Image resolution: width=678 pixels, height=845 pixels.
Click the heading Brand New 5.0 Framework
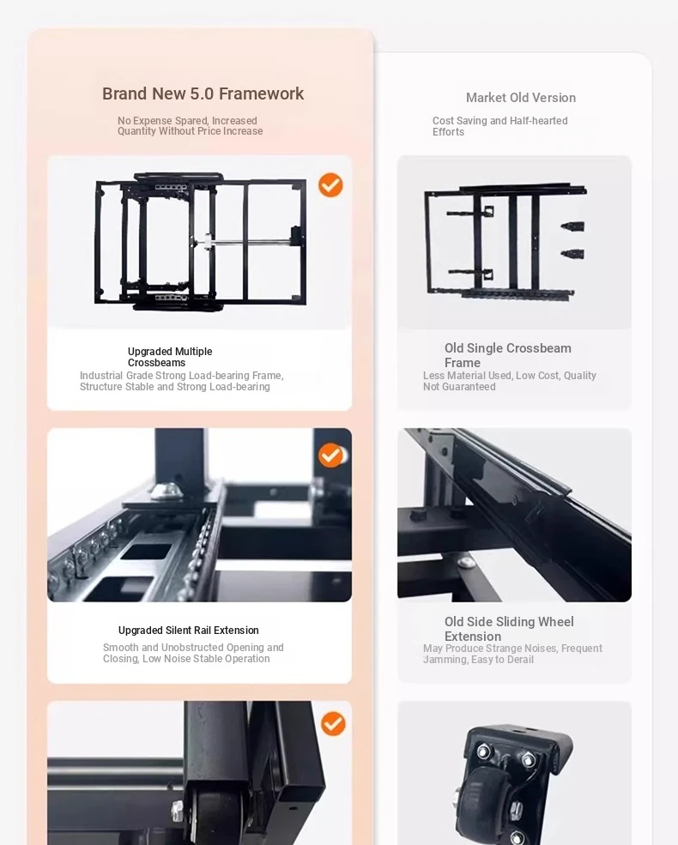point(203,94)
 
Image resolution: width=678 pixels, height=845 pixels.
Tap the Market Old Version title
point(521,98)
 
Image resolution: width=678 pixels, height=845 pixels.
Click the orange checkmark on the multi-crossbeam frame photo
point(330,184)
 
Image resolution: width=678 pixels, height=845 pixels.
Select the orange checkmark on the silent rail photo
point(330,456)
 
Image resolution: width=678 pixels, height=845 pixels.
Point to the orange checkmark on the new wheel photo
point(333,723)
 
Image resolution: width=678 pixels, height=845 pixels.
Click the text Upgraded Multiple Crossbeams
point(170,357)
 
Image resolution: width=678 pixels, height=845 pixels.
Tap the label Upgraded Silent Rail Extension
point(189,630)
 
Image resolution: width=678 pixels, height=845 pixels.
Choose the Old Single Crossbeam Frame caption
point(508,355)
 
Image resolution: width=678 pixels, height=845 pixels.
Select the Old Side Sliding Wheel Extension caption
point(509,628)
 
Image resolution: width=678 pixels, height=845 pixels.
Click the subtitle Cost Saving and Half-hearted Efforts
point(499,126)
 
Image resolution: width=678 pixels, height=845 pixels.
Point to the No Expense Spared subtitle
point(191,125)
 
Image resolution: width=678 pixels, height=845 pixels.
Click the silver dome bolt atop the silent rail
point(165,491)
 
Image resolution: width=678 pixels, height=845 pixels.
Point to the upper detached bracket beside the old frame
point(573,226)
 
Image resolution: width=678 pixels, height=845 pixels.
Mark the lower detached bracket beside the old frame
point(573,253)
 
